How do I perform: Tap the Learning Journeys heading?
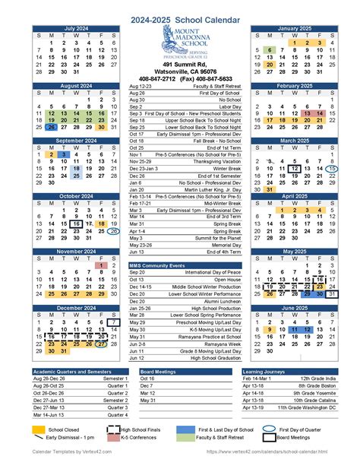tap(264, 371)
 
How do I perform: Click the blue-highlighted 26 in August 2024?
tap(50, 127)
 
